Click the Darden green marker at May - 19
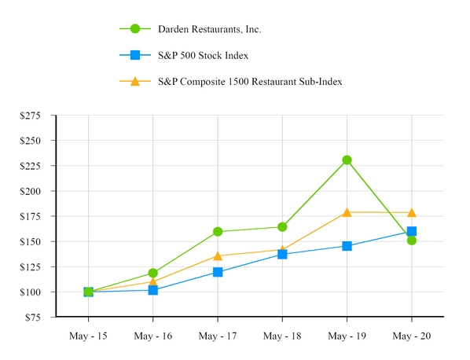[347, 160]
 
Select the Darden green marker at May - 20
[411, 241]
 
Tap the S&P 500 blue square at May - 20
[411, 232]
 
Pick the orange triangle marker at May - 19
[347, 212]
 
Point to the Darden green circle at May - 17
[218, 232]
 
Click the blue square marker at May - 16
[152, 290]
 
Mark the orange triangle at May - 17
[218, 255]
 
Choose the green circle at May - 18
[282, 227]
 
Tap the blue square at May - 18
[282, 255]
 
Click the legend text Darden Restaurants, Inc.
[209, 29]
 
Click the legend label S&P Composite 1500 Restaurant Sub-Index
[250, 81]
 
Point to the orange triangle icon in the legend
[135, 81]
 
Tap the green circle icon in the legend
[135, 29]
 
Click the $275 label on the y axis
[38, 116]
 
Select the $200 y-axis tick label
[38, 191]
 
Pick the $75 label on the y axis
[40, 318]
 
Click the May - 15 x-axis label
[88, 336]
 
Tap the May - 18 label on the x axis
[282, 336]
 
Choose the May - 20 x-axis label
[411, 336]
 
